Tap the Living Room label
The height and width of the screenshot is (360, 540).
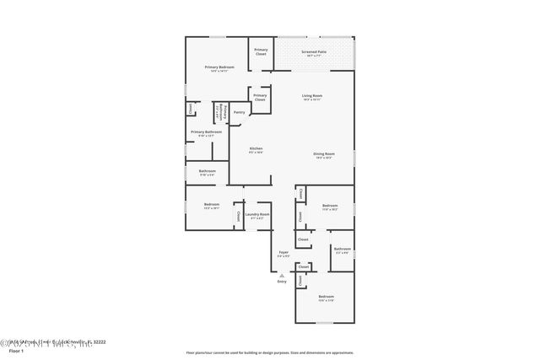pos(312,97)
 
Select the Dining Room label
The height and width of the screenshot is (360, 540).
pos(324,154)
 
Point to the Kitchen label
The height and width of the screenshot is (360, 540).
pos(256,149)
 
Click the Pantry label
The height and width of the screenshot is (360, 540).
pos(240,111)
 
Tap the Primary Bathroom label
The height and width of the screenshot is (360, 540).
pos(206,132)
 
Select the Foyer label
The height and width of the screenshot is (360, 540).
pos(283,252)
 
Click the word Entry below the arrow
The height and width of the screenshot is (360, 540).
pos(282,281)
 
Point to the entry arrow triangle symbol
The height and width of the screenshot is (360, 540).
pos(282,274)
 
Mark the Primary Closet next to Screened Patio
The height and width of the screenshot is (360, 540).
pos(261,51)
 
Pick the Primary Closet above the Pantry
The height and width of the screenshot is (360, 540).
pos(260,97)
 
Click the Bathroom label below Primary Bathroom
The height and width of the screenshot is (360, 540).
pos(208,172)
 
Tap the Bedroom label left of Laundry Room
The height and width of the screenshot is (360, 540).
pos(211,205)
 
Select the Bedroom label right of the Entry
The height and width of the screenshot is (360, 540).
pos(326,297)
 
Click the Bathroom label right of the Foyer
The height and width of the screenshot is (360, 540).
pos(342,250)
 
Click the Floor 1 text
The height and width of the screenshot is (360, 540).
pos(14,350)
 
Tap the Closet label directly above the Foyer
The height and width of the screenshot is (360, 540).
pos(303,239)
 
